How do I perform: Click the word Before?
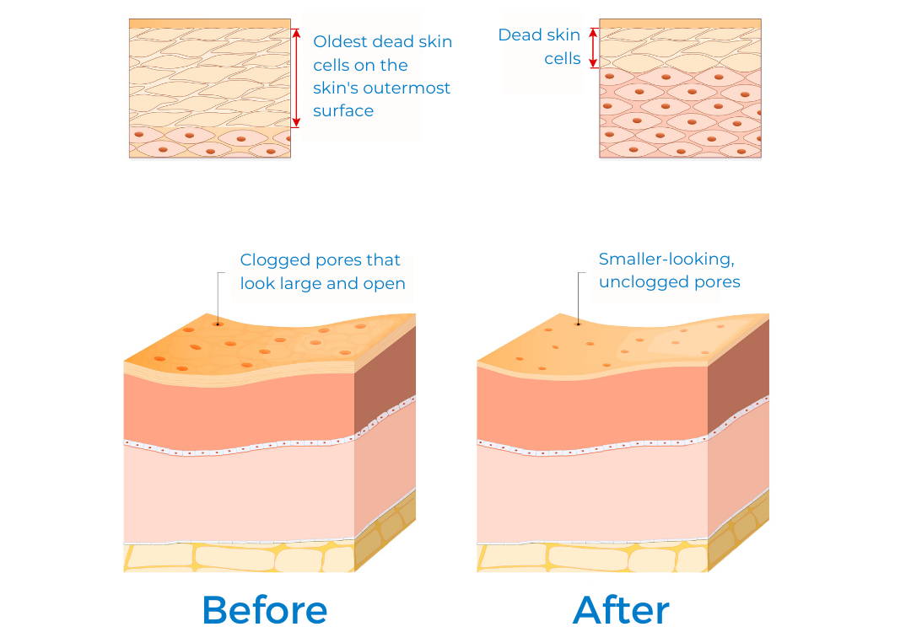[x=264, y=609]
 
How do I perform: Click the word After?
[x=621, y=609]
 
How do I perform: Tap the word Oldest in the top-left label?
[x=340, y=42]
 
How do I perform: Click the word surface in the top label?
[x=343, y=111]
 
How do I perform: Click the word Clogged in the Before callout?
[x=270, y=260]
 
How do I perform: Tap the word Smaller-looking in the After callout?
[x=666, y=259]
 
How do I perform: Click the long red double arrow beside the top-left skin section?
[x=296, y=78]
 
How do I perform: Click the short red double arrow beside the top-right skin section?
[x=593, y=48]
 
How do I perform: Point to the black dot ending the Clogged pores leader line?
[x=218, y=324]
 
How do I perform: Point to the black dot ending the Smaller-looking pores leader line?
[x=578, y=324]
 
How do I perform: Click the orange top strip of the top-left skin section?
[x=210, y=24]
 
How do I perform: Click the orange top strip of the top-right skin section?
[x=680, y=24]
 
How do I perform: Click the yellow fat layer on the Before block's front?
[x=239, y=558]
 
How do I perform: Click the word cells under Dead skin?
[x=563, y=59]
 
